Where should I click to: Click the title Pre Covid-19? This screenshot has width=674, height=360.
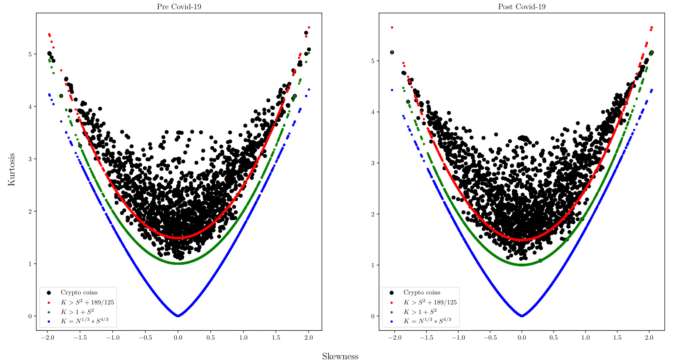179,7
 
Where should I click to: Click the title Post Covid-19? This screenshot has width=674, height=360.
521,7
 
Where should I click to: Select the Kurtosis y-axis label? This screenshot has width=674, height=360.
11,169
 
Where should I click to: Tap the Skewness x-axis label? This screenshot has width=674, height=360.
340,356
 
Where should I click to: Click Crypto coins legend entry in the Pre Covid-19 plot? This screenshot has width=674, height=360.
79,292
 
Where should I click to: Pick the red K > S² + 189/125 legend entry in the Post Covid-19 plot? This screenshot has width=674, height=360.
430,302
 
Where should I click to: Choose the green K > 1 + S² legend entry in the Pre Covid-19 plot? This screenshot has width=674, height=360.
77,312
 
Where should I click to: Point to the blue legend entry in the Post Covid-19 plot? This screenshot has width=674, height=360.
427,321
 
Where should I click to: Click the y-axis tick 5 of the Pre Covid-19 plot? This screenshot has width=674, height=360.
30,54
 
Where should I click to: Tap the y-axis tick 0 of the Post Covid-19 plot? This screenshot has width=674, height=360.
373,316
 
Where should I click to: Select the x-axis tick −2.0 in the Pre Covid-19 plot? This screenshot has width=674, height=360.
47,338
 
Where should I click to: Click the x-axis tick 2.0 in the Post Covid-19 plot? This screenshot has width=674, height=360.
649,338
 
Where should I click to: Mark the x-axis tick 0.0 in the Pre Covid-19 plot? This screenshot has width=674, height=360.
178,338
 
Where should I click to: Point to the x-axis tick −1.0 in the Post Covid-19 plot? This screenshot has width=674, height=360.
458,338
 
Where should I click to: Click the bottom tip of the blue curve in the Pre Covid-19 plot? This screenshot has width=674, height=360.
178,316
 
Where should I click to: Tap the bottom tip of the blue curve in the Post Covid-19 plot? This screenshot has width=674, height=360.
522,316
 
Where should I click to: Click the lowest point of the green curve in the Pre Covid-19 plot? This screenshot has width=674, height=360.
178,263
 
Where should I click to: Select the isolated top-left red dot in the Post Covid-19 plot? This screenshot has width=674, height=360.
392,27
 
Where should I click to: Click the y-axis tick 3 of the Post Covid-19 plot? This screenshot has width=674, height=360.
373,163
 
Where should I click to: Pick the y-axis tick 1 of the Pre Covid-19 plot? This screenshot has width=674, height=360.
30,264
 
